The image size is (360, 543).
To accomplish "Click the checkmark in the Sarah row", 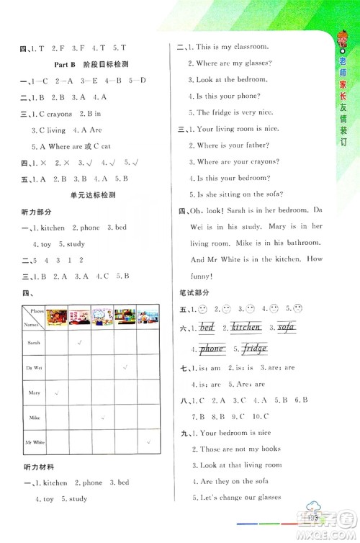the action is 79,343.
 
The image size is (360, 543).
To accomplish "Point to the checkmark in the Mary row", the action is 57,392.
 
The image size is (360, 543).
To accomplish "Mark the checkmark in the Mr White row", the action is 149,443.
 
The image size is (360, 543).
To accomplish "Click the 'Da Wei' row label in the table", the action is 34,367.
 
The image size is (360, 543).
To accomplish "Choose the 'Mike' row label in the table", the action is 34,418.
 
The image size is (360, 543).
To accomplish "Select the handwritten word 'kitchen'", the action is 246,328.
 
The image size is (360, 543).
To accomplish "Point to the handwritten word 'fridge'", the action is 254,349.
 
